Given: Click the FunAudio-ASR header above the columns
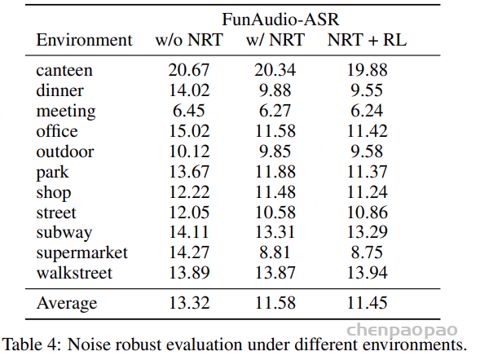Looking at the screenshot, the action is click(280, 20).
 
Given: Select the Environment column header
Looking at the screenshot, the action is click(84, 40).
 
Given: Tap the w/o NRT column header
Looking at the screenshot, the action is click(189, 40).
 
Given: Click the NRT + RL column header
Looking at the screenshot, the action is click(367, 40).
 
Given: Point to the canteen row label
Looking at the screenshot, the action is click(64, 70).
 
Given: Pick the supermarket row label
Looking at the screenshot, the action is click(82, 253).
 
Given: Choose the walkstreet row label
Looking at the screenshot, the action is click(74, 273).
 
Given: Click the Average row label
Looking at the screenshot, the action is click(67, 303).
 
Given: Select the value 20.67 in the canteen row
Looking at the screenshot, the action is click(189, 70).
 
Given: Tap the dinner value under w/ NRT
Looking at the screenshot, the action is click(275, 90).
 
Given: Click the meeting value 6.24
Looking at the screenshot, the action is click(367, 111).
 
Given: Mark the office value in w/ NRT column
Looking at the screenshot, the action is click(275, 131).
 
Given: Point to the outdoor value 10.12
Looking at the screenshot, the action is click(189, 151).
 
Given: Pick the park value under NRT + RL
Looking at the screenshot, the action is click(367, 172).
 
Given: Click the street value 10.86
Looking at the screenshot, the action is click(367, 213).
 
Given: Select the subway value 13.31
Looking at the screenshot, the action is click(275, 232).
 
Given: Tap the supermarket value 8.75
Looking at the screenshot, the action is click(367, 252).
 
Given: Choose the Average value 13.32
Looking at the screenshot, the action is click(189, 303).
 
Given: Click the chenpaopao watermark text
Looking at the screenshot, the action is click(402, 331).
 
